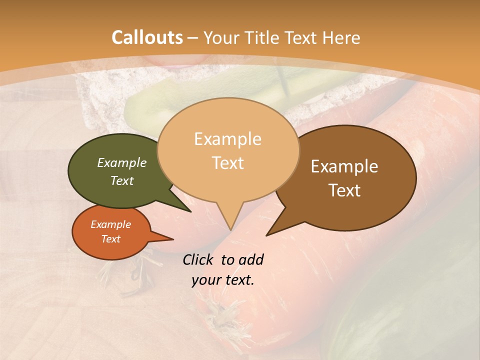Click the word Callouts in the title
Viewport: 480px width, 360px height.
(x=147, y=37)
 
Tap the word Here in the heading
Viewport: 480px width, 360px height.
(x=340, y=37)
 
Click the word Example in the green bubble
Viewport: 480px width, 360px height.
(x=122, y=163)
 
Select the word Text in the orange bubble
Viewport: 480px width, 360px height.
(x=111, y=239)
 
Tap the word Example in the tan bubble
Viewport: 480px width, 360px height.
(x=228, y=139)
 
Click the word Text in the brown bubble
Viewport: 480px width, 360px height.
(x=345, y=190)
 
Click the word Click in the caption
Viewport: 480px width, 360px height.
(x=199, y=259)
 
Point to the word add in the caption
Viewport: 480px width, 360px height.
(x=251, y=259)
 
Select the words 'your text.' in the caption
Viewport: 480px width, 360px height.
(x=223, y=280)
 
